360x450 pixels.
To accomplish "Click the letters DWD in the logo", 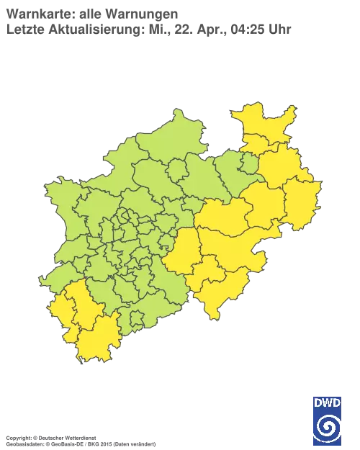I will (327, 402).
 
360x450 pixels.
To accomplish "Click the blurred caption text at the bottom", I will (79, 437).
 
